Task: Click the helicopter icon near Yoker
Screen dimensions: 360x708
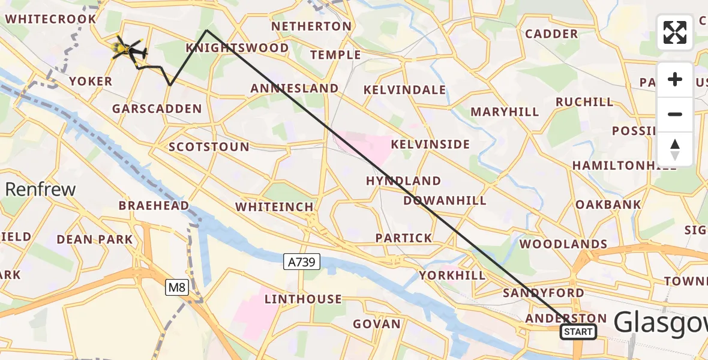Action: click(x=129, y=49)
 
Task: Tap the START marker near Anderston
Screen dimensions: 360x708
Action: click(x=578, y=332)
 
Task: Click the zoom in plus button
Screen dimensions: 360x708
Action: click(x=675, y=79)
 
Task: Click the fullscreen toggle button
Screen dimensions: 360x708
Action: click(x=675, y=32)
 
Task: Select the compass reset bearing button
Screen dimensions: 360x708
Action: click(x=675, y=149)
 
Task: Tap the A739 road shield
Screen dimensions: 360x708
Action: click(x=302, y=262)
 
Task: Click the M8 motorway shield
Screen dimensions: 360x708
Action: click(x=178, y=287)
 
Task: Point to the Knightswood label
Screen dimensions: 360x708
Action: click(x=229, y=47)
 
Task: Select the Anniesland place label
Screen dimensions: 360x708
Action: click(x=295, y=88)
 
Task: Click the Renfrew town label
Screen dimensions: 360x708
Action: click(x=41, y=190)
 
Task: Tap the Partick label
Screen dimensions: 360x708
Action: click(x=404, y=238)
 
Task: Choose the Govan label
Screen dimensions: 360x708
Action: click(x=376, y=324)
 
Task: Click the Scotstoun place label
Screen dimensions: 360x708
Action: click(x=209, y=147)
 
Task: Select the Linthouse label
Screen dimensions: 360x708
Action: click(x=303, y=299)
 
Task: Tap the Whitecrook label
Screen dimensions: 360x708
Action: click(x=50, y=19)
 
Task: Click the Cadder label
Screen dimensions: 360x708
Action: click(x=551, y=34)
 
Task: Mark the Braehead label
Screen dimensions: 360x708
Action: click(x=154, y=206)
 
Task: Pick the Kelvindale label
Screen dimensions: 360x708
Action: click(x=405, y=90)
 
